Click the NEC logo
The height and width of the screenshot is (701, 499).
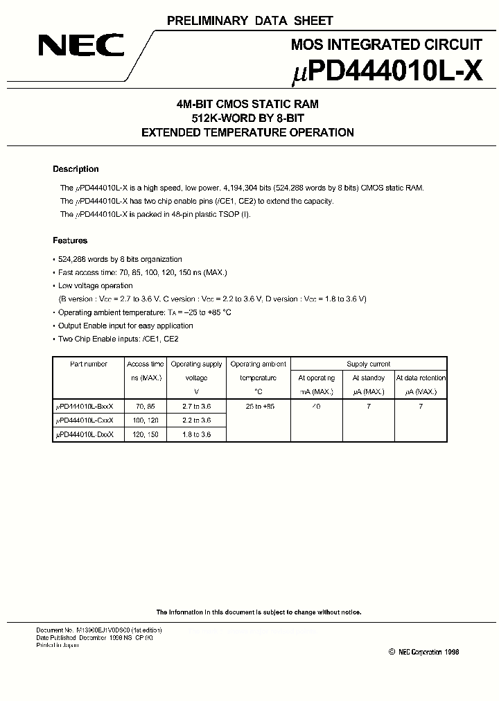81,46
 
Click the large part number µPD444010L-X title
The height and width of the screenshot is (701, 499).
385,72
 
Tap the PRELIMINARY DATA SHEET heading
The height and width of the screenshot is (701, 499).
249,21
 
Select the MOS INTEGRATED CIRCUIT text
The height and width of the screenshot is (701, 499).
386,45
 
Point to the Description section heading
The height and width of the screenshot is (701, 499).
76,169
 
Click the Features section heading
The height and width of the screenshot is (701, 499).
70,241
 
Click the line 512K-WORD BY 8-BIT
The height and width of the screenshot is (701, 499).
247,118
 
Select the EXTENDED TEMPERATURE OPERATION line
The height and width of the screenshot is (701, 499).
247,132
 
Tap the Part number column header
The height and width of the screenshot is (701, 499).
89,364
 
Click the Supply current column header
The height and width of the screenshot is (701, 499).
369,364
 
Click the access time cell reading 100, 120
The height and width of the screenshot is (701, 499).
146,420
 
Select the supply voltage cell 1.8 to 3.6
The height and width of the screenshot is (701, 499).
196,434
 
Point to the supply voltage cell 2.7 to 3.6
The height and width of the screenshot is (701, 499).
196,407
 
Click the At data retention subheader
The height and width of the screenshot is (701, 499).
421,378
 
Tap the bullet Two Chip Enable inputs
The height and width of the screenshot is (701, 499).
118,339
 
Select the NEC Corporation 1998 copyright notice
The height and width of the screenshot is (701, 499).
423,652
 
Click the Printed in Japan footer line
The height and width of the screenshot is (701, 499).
58,645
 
